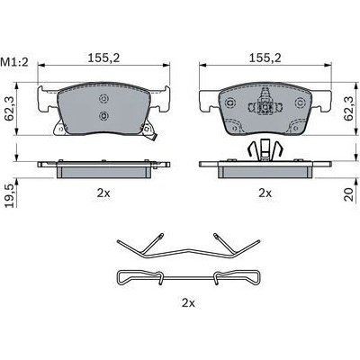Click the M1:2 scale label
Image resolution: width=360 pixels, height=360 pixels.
coord(14,62)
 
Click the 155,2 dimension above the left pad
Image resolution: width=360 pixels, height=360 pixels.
coord(103,58)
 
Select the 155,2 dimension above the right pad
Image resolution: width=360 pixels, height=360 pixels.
coord(265,58)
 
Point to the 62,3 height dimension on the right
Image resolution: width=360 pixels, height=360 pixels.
coord(349,108)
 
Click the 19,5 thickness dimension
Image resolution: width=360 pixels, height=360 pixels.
coord(9,194)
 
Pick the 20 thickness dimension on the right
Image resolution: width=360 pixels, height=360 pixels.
coord(349,193)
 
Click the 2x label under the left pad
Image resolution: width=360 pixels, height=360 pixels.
coord(103,193)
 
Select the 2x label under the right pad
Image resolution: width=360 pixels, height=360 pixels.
coord(265,193)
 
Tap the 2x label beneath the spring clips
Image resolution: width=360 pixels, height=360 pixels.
coord(188,303)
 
